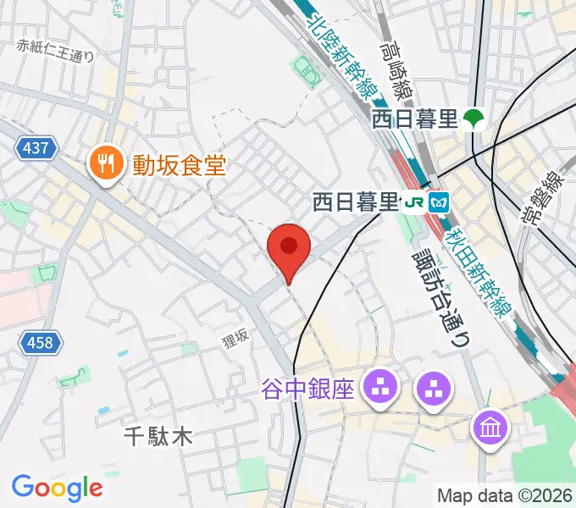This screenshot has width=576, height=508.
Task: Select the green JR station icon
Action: click(415, 202)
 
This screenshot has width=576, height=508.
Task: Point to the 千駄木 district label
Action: click(158, 437)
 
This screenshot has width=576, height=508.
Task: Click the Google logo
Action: click(57, 488)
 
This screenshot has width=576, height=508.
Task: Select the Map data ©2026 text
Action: click(505, 495)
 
